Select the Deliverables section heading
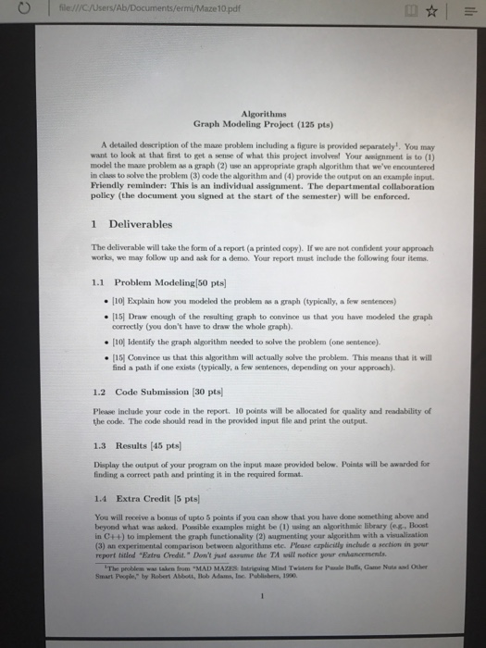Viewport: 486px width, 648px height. pos(140,225)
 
